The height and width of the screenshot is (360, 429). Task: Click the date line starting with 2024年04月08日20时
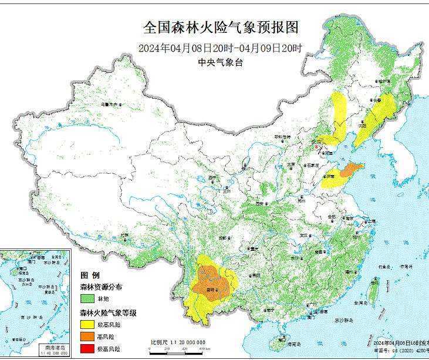click(221, 48)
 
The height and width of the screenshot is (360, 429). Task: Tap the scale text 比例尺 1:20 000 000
click(178, 342)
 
